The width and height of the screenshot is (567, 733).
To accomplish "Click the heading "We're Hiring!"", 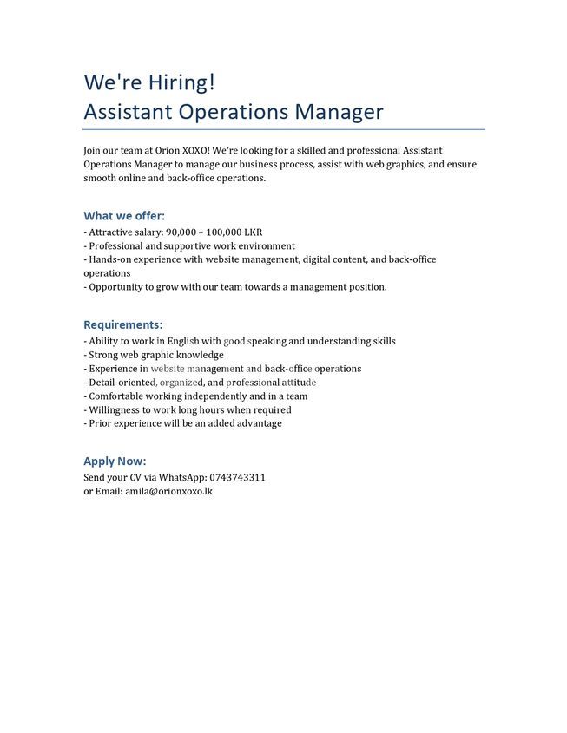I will click(148, 82).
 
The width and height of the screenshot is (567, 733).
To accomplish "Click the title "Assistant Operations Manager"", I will click(233, 112).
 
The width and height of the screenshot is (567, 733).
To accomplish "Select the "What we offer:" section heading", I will click(124, 216).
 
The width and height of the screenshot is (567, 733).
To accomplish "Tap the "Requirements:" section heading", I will click(122, 324).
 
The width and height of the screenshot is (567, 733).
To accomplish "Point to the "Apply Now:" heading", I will click(115, 461).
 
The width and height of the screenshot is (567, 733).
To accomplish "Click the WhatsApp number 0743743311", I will click(237, 477).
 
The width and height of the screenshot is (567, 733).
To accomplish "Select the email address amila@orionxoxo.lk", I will click(169, 491).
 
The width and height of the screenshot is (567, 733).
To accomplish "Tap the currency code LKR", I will click(253, 232).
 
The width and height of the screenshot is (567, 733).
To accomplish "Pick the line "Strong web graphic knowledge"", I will click(155, 355).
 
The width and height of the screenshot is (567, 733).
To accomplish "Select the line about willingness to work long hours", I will click(189, 409).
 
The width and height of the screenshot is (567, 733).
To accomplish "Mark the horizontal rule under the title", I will click(283, 129).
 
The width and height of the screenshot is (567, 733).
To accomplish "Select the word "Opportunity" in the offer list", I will click(116, 286).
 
